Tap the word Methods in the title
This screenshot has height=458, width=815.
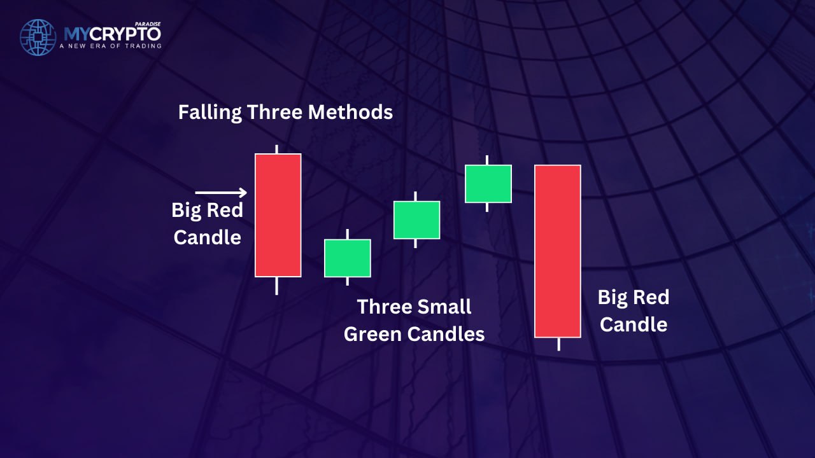click(x=350, y=112)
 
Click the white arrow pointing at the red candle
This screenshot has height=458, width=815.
click(x=221, y=192)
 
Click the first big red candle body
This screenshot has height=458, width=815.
click(x=278, y=215)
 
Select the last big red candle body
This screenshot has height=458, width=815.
click(x=557, y=251)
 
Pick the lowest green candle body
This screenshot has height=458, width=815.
click(x=348, y=258)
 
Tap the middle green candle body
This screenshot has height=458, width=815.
click(x=416, y=220)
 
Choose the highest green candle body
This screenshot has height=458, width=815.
click(x=488, y=184)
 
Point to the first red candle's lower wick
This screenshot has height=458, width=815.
click(x=277, y=286)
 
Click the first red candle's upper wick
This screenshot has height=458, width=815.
click(x=277, y=149)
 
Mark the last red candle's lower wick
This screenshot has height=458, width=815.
click(x=559, y=344)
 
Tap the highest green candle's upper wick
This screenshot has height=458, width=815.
click(x=487, y=160)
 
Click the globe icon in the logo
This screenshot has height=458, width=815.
click(x=38, y=38)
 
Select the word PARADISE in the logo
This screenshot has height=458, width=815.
click(x=148, y=24)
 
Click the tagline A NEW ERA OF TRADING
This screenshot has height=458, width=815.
click(x=111, y=46)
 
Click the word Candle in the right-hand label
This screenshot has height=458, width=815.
click(x=634, y=324)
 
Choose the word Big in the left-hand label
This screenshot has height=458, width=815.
click(x=185, y=211)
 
